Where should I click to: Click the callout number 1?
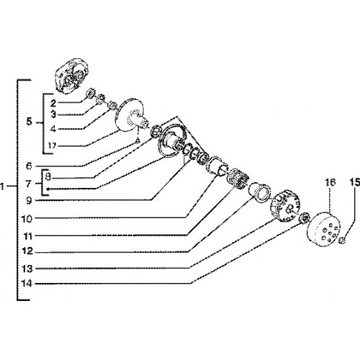(2, 186)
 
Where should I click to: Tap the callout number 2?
(53, 104)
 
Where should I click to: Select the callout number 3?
(53, 114)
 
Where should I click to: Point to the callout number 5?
(29, 122)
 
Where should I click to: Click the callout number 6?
(29, 166)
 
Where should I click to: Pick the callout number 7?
(29, 184)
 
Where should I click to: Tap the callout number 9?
(29, 201)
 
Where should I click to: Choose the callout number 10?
(27, 219)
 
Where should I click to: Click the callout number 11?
(28, 236)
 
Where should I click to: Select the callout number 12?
(27, 251)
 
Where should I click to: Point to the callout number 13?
(27, 269)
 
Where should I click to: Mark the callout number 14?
(27, 284)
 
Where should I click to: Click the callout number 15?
(354, 183)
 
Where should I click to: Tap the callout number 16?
(330, 182)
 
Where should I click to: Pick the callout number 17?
(52, 145)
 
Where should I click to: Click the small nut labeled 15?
(343, 240)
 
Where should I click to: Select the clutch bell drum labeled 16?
(323, 229)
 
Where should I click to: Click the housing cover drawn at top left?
(71, 75)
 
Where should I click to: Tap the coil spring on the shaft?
(238, 179)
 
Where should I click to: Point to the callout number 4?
(53, 129)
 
